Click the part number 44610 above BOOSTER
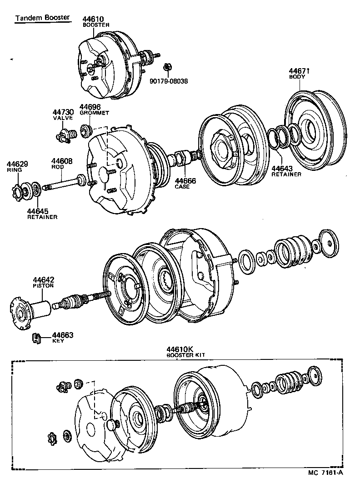pos(94,19)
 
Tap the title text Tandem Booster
pos(42,18)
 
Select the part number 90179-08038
pos(169,82)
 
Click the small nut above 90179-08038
pos(167,67)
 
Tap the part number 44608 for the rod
pos(61,161)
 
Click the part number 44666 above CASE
pos(185,181)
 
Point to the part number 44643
pos(282,169)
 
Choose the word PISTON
pos(43,286)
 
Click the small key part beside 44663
pos(37,339)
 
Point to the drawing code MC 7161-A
pos(325,472)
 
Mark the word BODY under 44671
pos(297,77)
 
